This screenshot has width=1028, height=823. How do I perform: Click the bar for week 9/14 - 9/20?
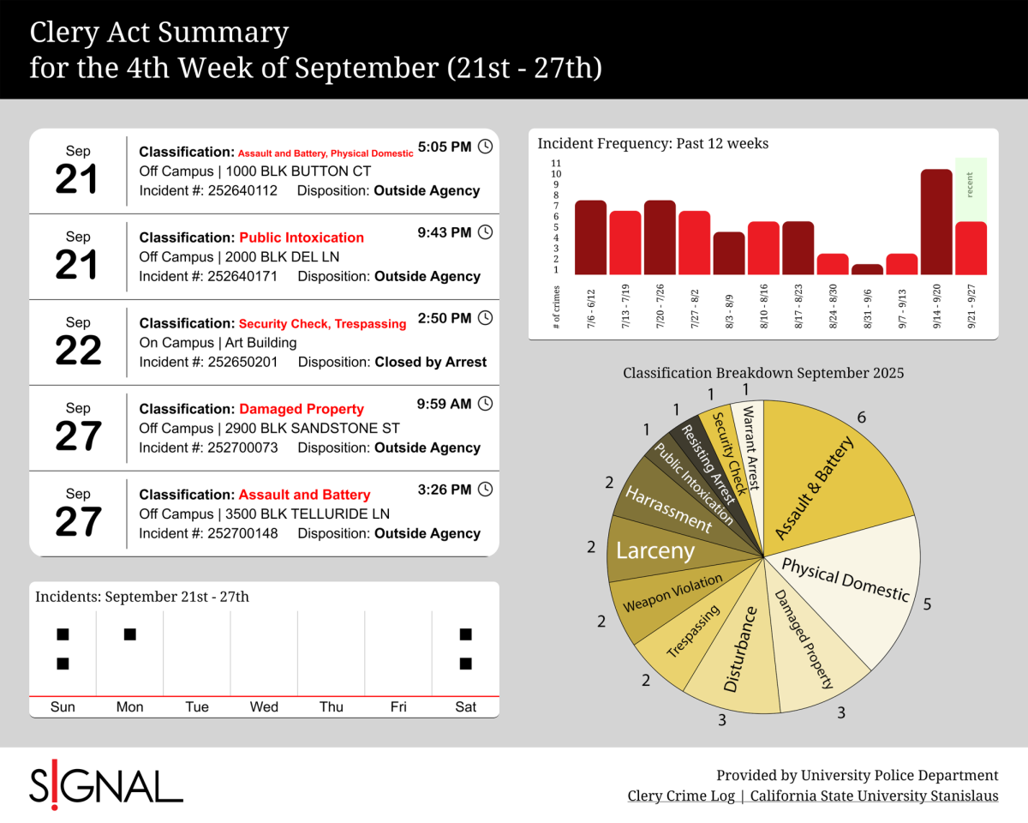coord(936,221)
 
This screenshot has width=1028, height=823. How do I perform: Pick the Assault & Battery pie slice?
coord(822,480)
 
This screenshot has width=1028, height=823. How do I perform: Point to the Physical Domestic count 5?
coord(927,604)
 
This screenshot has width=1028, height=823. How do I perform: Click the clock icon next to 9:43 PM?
coord(485,232)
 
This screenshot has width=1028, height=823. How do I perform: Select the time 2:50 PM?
coord(444,318)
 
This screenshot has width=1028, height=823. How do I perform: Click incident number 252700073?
coord(242,448)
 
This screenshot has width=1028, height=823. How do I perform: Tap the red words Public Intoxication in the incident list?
coord(302,237)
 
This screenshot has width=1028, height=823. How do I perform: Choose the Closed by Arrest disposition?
coord(431,362)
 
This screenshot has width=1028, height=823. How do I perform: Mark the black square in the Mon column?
coord(129,634)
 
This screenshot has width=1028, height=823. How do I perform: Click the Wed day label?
coord(264,707)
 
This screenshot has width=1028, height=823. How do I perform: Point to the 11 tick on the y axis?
coord(556,163)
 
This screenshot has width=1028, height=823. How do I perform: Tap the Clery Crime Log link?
coord(681,796)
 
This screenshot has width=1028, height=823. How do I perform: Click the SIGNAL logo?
coord(106,784)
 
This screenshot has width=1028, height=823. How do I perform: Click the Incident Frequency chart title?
coord(653,144)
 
